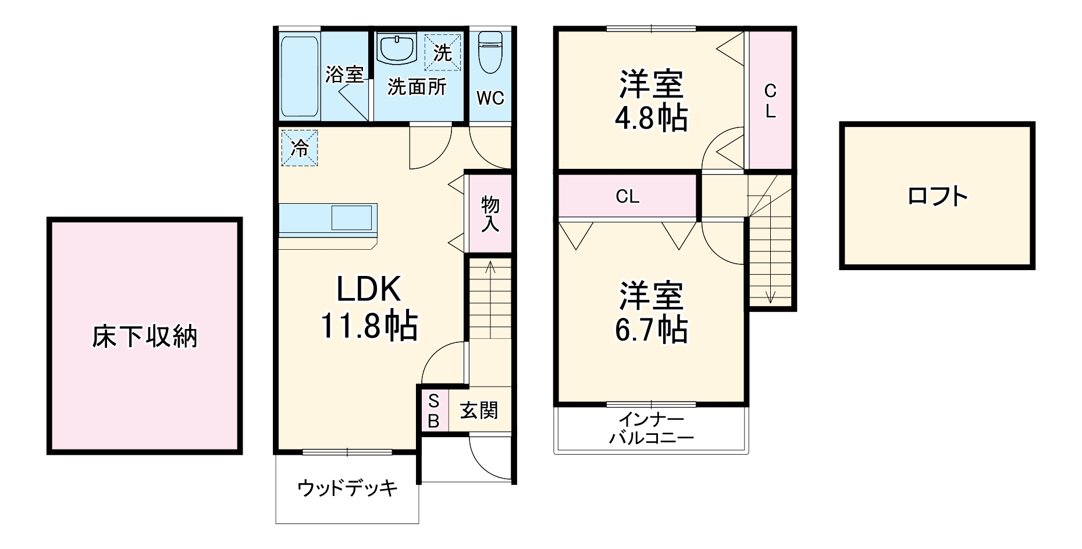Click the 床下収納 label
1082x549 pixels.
144,337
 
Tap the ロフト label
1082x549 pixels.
937,196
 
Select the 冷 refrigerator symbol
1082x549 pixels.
299,148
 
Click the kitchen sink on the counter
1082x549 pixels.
351,218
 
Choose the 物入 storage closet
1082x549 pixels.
490,214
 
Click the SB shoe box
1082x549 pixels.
433,411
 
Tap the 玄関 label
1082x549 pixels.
479,410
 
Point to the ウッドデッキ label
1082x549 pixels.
347,487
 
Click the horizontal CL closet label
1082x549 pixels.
627,197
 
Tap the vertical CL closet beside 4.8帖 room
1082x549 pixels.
770,101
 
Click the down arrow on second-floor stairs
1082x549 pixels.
770,296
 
